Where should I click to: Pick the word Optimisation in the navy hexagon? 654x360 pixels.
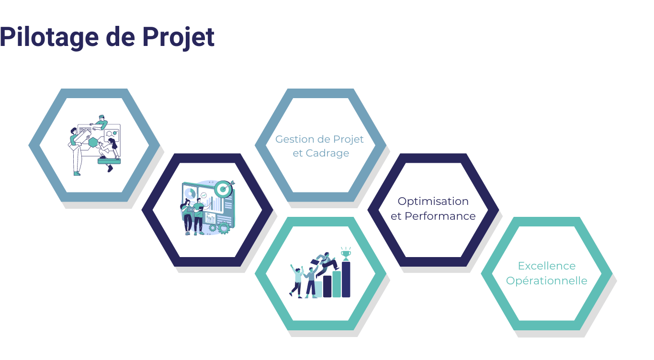click(433, 201)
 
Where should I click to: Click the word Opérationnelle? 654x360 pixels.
click(546, 281)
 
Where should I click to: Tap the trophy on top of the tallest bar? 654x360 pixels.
click(346, 253)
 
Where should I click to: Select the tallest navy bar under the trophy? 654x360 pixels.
click(346, 280)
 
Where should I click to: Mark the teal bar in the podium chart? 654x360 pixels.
click(337, 284)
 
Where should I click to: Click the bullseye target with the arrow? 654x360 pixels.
click(223, 189)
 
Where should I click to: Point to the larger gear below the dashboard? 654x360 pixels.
click(223, 228)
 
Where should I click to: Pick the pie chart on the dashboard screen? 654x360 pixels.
click(190, 193)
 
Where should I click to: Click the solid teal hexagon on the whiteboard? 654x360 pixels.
click(93, 142)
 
